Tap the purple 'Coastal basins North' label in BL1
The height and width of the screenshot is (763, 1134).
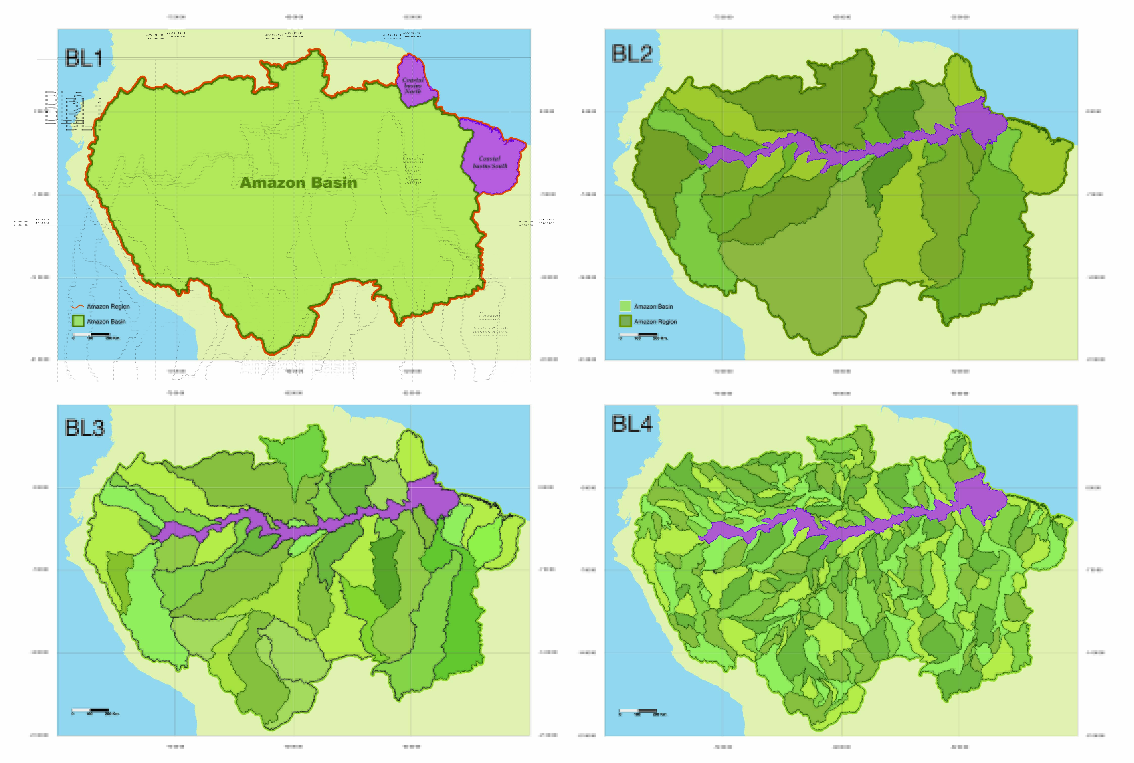(413, 85)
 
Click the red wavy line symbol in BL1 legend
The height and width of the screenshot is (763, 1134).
(78, 307)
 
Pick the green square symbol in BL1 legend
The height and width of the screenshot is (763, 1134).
(78, 321)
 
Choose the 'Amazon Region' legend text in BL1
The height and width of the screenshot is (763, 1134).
(108, 307)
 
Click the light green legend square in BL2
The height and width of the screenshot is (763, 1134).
(625, 306)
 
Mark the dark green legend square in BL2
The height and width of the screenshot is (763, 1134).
(625, 321)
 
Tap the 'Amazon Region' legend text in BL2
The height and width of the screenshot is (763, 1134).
(655, 322)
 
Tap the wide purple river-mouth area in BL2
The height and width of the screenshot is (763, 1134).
(980, 122)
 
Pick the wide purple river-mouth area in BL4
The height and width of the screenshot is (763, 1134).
(980, 497)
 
